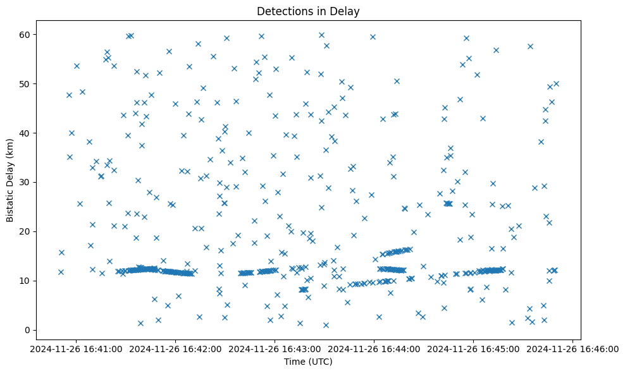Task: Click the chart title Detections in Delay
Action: [x=308, y=11]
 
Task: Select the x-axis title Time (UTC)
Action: [x=308, y=362]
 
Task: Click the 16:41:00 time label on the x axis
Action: [x=77, y=348]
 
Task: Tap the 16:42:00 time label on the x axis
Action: [x=176, y=348]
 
